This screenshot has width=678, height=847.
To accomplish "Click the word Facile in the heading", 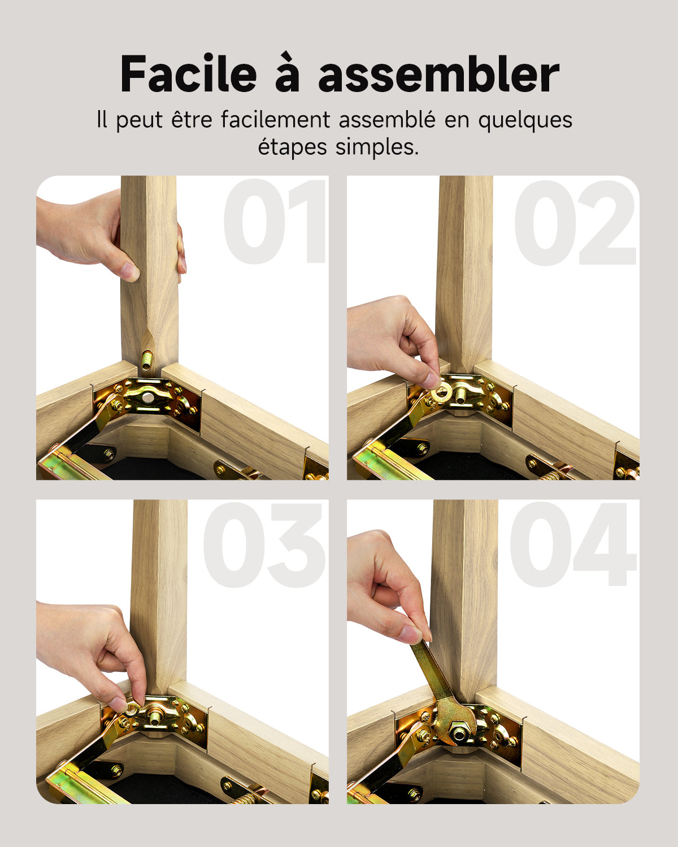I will coord(189,74).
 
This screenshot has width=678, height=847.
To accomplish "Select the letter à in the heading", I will coord(287,74).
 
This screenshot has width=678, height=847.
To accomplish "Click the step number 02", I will coord(574,222).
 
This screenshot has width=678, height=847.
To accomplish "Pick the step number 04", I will coord(573,545).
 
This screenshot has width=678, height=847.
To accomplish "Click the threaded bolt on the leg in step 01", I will coord(147,360).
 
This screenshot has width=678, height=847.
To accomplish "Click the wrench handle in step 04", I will coord(429,669).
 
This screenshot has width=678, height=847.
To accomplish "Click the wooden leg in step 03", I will coord(158,593).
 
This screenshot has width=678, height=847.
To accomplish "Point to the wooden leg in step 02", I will coord(464,271).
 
